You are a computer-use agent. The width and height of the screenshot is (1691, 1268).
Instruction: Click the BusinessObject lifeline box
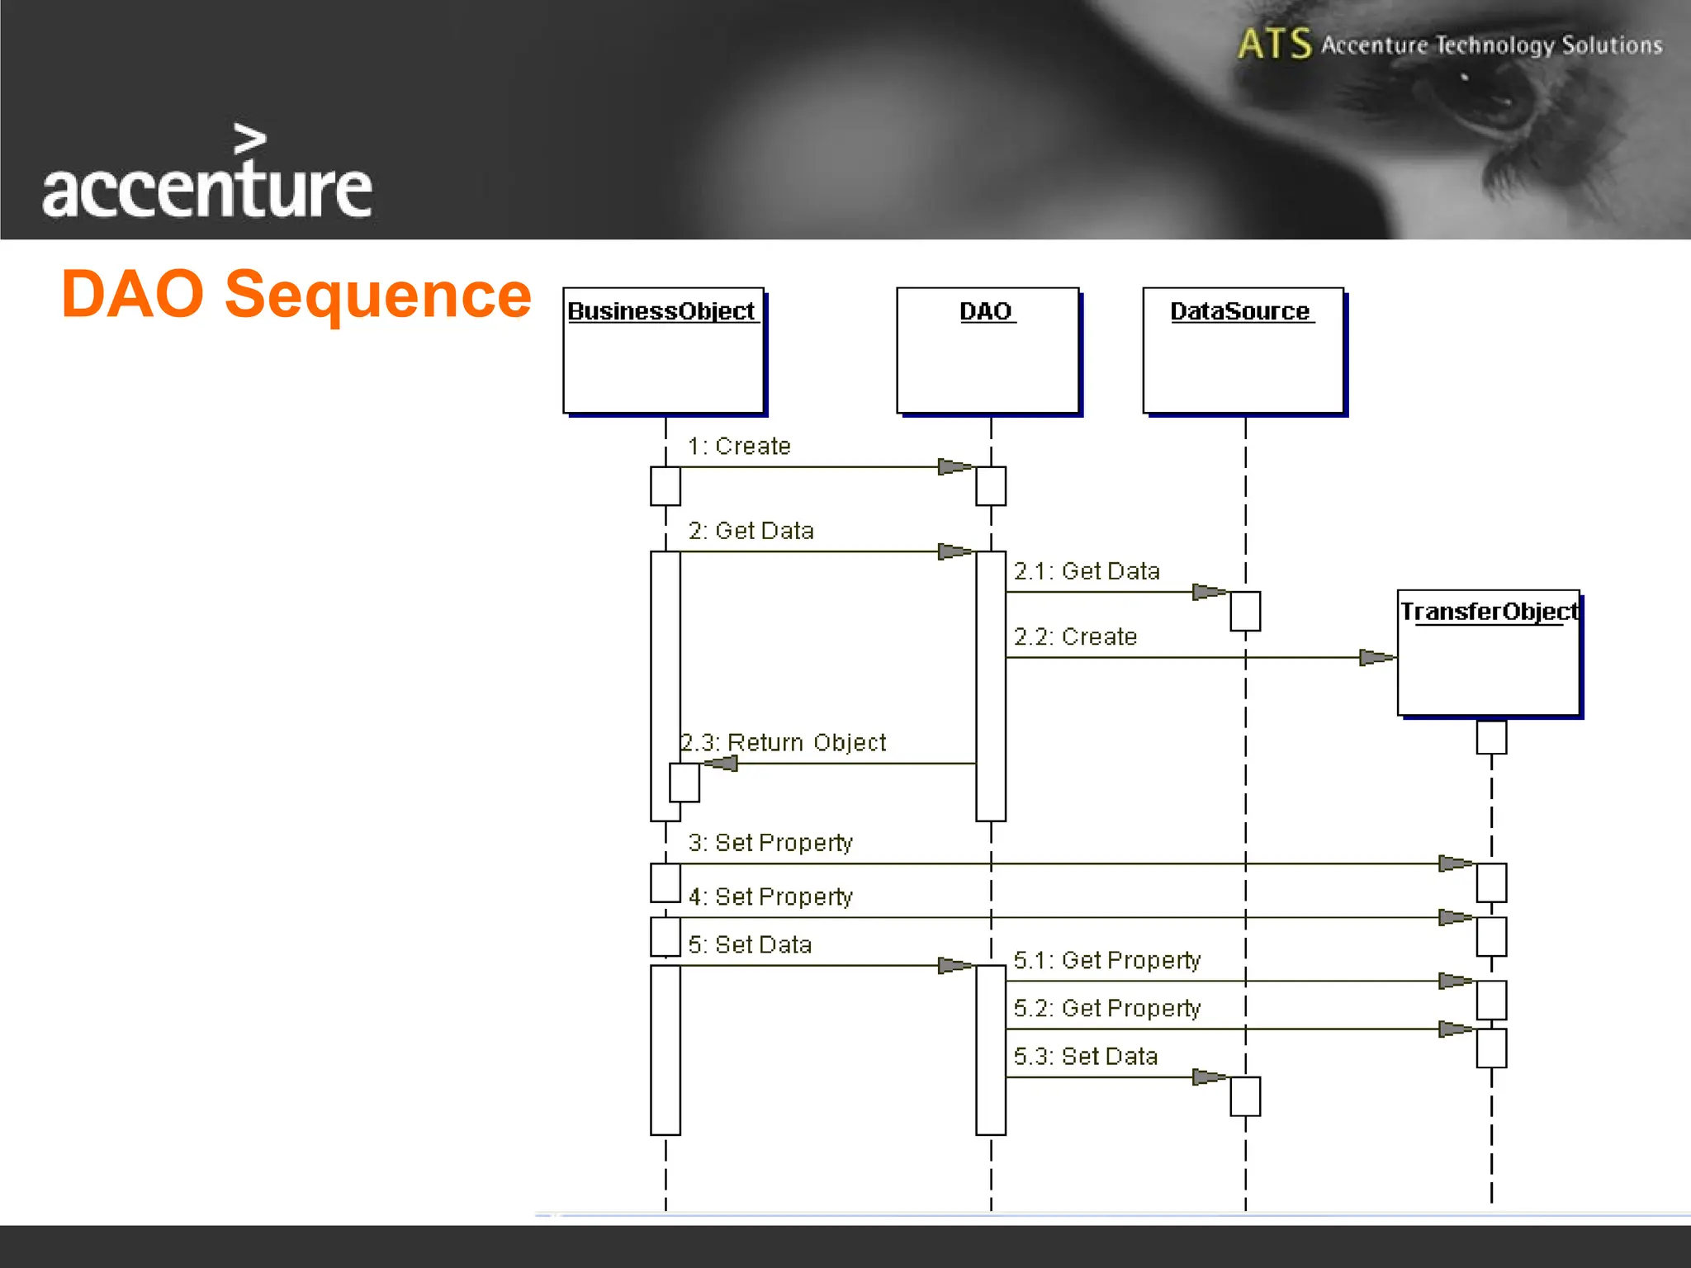pyautogui.click(x=663, y=350)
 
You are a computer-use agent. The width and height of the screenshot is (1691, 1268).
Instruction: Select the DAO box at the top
pyautogui.click(x=988, y=350)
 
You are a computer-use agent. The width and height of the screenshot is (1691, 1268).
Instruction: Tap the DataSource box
pyautogui.click(x=1243, y=350)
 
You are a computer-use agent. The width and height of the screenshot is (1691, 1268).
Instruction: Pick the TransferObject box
pyautogui.click(x=1489, y=652)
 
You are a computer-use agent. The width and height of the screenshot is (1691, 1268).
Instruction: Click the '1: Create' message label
pyautogui.click(x=739, y=447)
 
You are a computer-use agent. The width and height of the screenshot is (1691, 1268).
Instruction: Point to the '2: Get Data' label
pyautogui.click(x=751, y=531)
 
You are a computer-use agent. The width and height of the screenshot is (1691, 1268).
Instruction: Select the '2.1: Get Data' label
pyautogui.click(x=1087, y=571)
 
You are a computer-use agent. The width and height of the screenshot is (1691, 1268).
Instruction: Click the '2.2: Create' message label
pyautogui.click(x=1075, y=637)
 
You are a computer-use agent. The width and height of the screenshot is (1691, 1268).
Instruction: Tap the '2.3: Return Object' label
pyautogui.click(x=783, y=743)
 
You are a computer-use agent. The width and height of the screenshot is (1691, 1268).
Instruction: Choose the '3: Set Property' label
pyautogui.click(x=770, y=843)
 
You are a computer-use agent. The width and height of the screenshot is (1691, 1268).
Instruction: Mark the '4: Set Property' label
pyautogui.click(x=770, y=897)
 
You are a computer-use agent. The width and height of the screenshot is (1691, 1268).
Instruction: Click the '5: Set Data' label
pyautogui.click(x=750, y=944)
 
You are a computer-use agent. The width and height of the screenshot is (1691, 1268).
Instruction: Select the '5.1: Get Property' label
pyautogui.click(x=1106, y=960)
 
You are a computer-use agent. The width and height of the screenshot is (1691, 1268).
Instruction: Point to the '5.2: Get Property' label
pyautogui.click(x=1106, y=1008)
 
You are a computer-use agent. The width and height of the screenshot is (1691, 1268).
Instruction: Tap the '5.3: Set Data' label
pyautogui.click(x=1085, y=1057)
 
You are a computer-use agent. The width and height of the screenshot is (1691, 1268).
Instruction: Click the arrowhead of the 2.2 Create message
pyautogui.click(x=1376, y=658)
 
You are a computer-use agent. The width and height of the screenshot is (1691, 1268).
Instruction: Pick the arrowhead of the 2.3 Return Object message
pyautogui.click(x=721, y=764)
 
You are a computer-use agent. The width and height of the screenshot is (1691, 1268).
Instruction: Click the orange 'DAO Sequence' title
pyautogui.click(x=296, y=295)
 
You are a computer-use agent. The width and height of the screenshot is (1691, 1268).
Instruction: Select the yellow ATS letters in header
pyautogui.click(x=1274, y=44)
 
